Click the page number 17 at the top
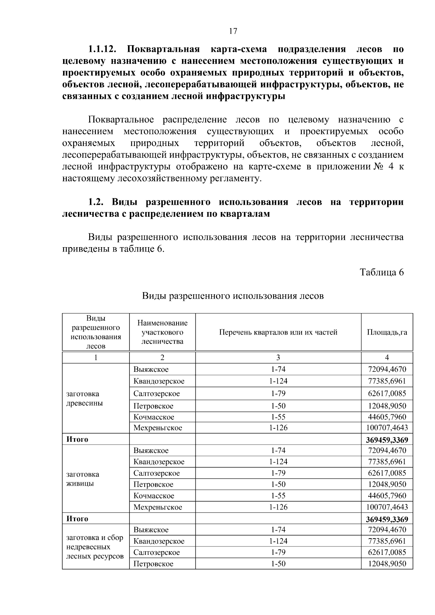(x=233, y=31)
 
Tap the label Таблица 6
(x=381, y=272)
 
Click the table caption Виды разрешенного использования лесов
(x=232, y=296)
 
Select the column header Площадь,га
(x=387, y=332)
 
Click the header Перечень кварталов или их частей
(x=278, y=332)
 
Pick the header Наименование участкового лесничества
(x=162, y=332)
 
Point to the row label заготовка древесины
(x=84, y=398)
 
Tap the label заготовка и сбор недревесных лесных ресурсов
(x=95, y=547)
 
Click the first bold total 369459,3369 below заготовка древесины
(x=387, y=440)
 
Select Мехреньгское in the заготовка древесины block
(x=158, y=428)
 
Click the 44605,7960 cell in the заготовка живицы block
(x=387, y=495)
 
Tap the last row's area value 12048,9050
(x=387, y=564)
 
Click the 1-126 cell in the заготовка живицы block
(x=278, y=507)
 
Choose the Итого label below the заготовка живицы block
(x=77, y=519)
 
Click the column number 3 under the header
(x=278, y=357)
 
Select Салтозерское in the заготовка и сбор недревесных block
(x=156, y=552)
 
